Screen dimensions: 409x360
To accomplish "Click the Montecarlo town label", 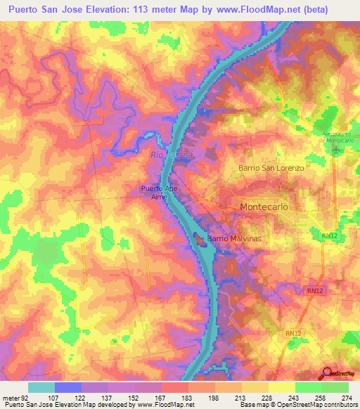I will point(264,207).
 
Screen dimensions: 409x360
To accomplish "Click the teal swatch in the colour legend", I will point(41,387).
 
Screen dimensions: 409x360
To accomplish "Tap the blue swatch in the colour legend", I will point(68,387).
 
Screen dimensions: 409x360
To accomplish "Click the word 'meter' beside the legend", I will point(10,398).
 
